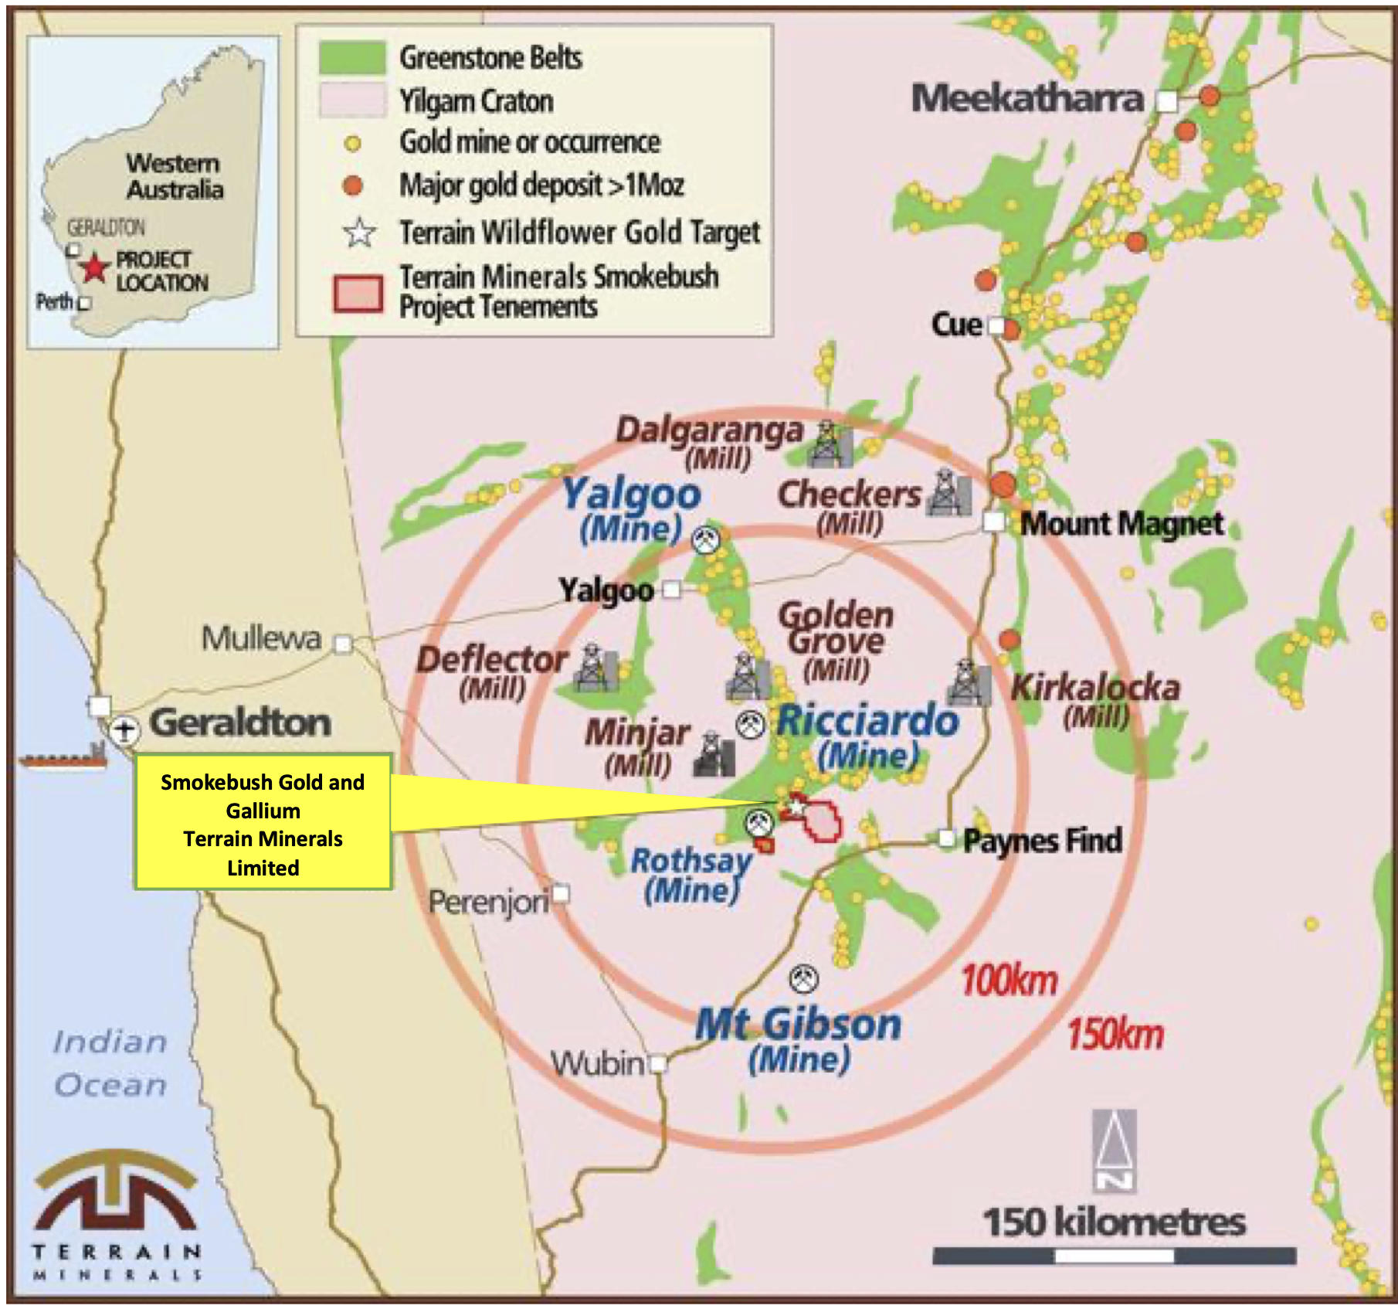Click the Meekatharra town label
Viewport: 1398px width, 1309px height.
pyautogui.click(x=1026, y=99)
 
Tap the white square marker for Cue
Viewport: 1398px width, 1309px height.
pyautogui.click(x=997, y=326)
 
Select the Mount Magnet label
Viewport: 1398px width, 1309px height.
pyautogui.click(x=1121, y=524)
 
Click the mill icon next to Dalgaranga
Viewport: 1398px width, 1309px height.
pyautogui.click(x=830, y=444)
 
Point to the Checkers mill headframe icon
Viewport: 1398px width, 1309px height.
pyautogui.click(x=948, y=492)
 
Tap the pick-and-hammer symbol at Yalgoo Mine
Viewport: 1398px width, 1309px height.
pyautogui.click(x=705, y=539)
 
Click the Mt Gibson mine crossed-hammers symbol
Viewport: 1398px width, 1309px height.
pyautogui.click(x=804, y=979)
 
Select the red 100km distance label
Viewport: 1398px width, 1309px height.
pyautogui.click(x=1009, y=981)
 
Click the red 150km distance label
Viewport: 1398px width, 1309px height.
pyautogui.click(x=1115, y=1034)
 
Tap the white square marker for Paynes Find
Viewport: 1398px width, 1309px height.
pyautogui.click(x=946, y=838)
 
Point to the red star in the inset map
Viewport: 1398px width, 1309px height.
pyautogui.click(x=94, y=268)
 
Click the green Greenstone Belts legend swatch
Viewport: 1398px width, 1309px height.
pyautogui.click(x=352, y=58)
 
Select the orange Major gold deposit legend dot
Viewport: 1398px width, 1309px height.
pyautogui.click(x=352, y=185)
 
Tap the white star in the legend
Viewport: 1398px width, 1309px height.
pyautogui.click(x=359, y=233)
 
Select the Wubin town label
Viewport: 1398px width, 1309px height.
pyautogui.click(x=597, y=1064)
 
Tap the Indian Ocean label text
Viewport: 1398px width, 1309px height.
pyautogui.click(x=110, y=1063)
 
